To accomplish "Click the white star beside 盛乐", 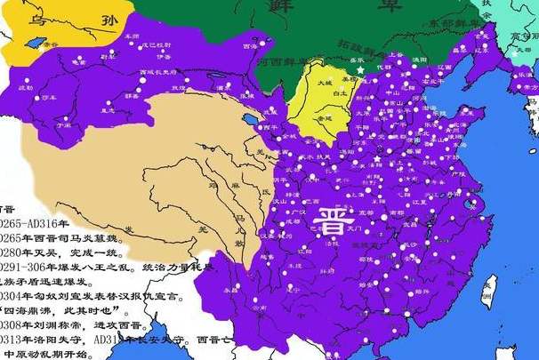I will (360, 68).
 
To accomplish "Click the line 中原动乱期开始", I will (49, 355).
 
